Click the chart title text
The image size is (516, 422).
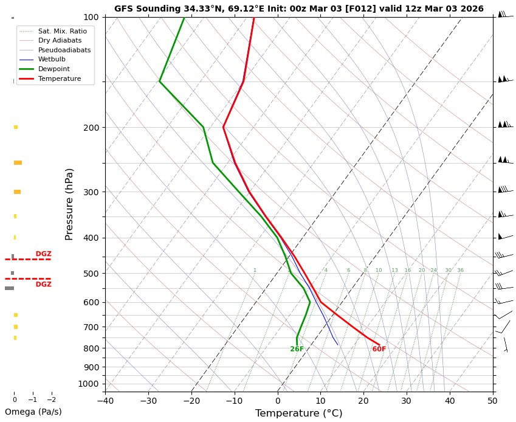pyautogui.click(x=298, y=9)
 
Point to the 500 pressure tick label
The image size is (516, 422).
pyautogui.click(x=91, y=274)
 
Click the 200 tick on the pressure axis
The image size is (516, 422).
pyautogui.click(x=91, y=128)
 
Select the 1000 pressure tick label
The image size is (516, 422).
pyautogui.click(x=89, y=384)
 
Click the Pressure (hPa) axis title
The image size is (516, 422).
pyautogui.click(x=69, y=204)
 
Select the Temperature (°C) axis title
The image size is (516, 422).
pyautogui.click(x=298, y=413)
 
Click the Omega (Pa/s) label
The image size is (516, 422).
pyautogui.click(x=33, y=412)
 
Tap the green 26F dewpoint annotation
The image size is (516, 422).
pyautogui.click(x=297, y=349)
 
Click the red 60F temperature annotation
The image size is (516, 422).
pyautogui.click(x=379, y=349)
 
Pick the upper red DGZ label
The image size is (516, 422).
pyautogui.click(x=43, y=254)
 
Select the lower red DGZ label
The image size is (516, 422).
pyautogui.click(x=43, y=285)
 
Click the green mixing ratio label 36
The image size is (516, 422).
pyautogui.click(x=460, y=271)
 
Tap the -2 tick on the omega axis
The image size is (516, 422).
pyautogui.click(x=51, y=400)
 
